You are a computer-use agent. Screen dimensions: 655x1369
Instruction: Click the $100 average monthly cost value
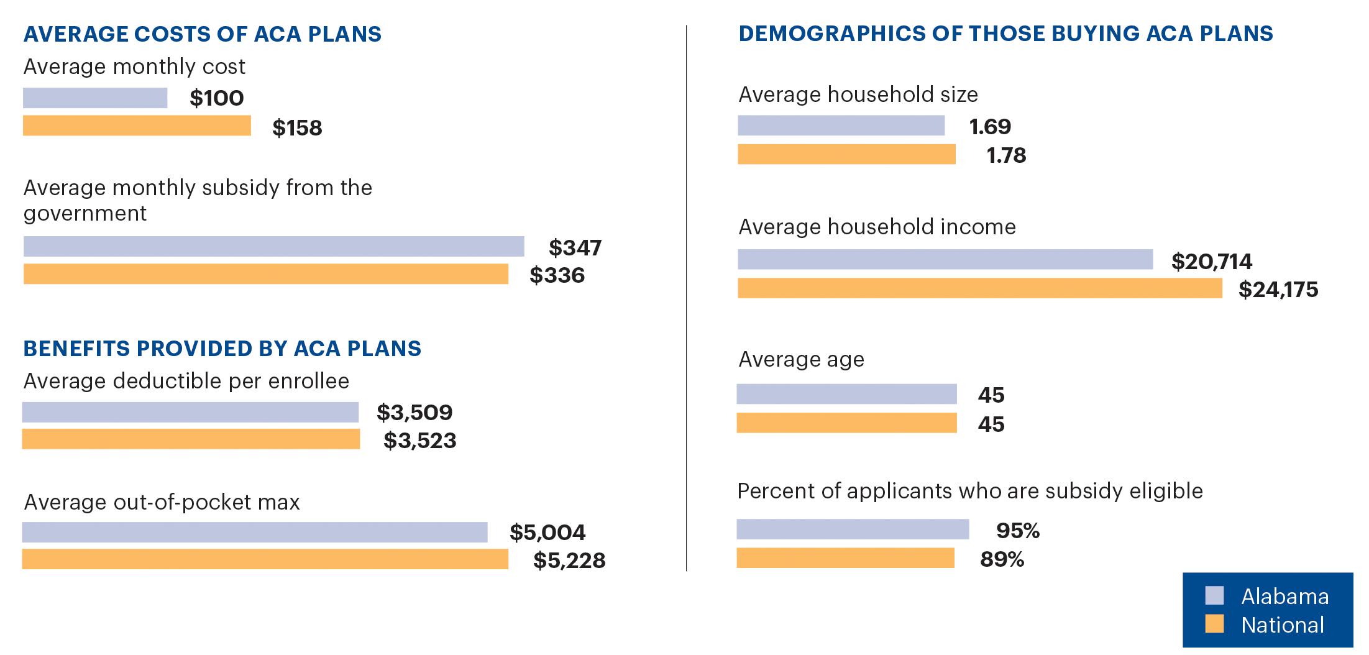coord(216,98)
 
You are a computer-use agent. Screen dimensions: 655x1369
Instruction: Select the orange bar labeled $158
coord(137,126)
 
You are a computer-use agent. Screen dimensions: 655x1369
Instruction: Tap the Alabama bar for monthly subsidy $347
coord(273,247)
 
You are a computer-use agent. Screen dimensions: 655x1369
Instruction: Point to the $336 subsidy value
coord(557,275)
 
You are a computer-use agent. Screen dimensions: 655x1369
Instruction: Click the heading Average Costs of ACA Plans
coord(203,34)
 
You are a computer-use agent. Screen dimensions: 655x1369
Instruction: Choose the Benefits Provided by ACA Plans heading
coord(222,349)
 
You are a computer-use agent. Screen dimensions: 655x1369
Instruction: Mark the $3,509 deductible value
coord(414,413)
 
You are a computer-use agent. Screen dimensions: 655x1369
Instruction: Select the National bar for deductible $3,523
coord(191,439)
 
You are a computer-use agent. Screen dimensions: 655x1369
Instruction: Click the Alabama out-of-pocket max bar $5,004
coord(255,533)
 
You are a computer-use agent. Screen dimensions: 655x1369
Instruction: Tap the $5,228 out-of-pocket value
coord(569,561)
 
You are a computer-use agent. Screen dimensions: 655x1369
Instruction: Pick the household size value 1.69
coord(990,127)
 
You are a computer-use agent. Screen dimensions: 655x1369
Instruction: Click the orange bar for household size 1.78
coord(846,154)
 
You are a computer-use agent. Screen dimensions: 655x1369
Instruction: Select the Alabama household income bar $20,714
coord(945,260)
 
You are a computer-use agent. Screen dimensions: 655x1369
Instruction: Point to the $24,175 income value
coord(1278,290)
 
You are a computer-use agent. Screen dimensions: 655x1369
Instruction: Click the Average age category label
coord(801,359)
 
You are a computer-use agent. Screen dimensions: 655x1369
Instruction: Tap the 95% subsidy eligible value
coord(1017,531)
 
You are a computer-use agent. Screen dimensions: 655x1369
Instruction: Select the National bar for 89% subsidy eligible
coord(845,558)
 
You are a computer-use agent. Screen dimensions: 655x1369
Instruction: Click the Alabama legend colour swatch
coord(1214,595)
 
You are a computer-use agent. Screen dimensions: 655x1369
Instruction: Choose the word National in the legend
coord(1282,625)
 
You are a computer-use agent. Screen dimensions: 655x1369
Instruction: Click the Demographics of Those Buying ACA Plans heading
coord(1005,34)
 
